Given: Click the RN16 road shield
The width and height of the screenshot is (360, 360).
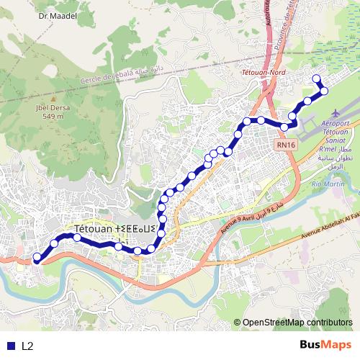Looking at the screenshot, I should point(286,145).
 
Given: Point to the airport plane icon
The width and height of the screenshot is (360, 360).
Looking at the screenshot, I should point(336,114).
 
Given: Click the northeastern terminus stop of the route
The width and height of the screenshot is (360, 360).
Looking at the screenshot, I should point(315,79).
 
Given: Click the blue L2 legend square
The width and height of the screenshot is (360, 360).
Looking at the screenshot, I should point(9,346).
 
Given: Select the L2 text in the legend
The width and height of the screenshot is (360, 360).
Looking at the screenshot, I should point(27,346).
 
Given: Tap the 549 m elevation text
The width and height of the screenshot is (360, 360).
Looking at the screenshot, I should point(48,116).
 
